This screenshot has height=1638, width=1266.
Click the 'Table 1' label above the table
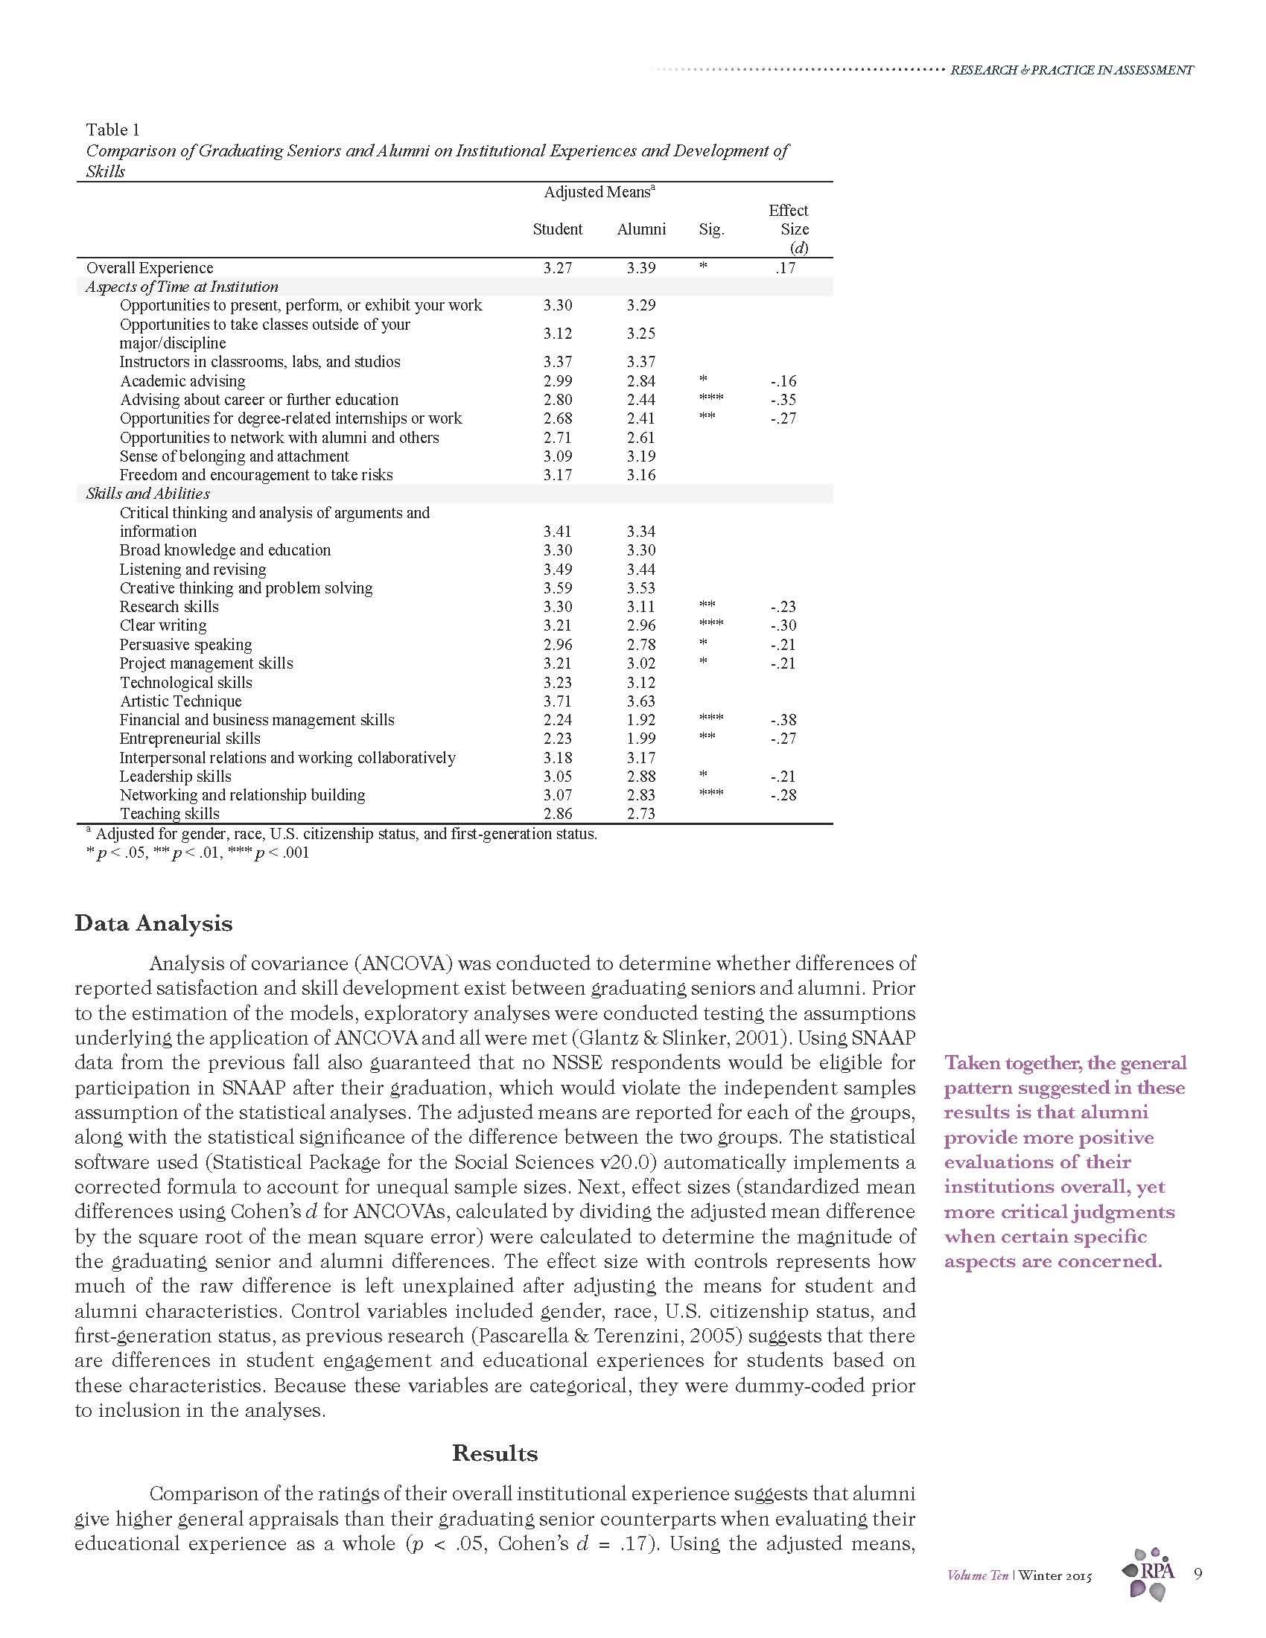(x=112, y=130)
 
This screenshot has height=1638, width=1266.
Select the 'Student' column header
(x=557, y=229)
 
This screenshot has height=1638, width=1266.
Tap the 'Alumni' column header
(x=641, y=229)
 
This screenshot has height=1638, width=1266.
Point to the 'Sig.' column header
(x=711, y=229)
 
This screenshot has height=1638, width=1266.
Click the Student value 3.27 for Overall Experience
(x=557, y=268)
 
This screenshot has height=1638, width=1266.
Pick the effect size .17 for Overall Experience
(x=784, y=268)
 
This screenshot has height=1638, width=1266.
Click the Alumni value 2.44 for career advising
(x=641, y=400)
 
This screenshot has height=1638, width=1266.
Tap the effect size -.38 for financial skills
(x=783, y=720)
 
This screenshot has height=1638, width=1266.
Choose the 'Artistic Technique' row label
(x=181, y=701)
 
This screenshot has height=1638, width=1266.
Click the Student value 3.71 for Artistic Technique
(x=557, y=701)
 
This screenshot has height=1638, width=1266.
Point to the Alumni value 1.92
(x=641, y=720)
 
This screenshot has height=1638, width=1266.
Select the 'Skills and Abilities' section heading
(x=147, y=494)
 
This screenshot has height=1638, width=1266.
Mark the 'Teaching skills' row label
(x=170, y=814)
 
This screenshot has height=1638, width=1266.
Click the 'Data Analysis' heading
(x=153, y=923)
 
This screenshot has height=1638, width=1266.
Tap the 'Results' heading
(x=494, y=1453)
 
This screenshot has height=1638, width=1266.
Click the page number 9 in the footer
(x=1197, y=1573)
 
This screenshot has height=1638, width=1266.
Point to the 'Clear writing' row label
(x=163, y=625)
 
